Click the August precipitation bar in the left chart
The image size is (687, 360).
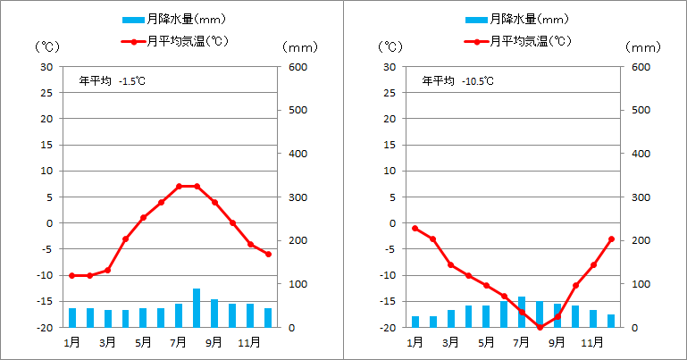tap(197, 308)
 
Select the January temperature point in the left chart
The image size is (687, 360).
tap(71, 275)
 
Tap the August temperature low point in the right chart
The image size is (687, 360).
tap(540, 327)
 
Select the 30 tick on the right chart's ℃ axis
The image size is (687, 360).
tap(390, 67)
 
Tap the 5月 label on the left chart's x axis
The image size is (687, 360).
tap(143, 341)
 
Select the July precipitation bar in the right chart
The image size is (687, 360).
tap(522, 312)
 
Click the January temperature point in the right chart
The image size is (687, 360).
tap(415, 228)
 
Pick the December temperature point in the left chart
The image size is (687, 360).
tap(268, 255)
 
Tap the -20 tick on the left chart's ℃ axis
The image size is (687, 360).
tap(44, 328)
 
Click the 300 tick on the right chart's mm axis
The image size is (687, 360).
tap(640, 197)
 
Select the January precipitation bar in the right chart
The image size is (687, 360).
tap(415, 322)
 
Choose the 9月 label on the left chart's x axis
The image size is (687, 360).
tap(214, 341)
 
